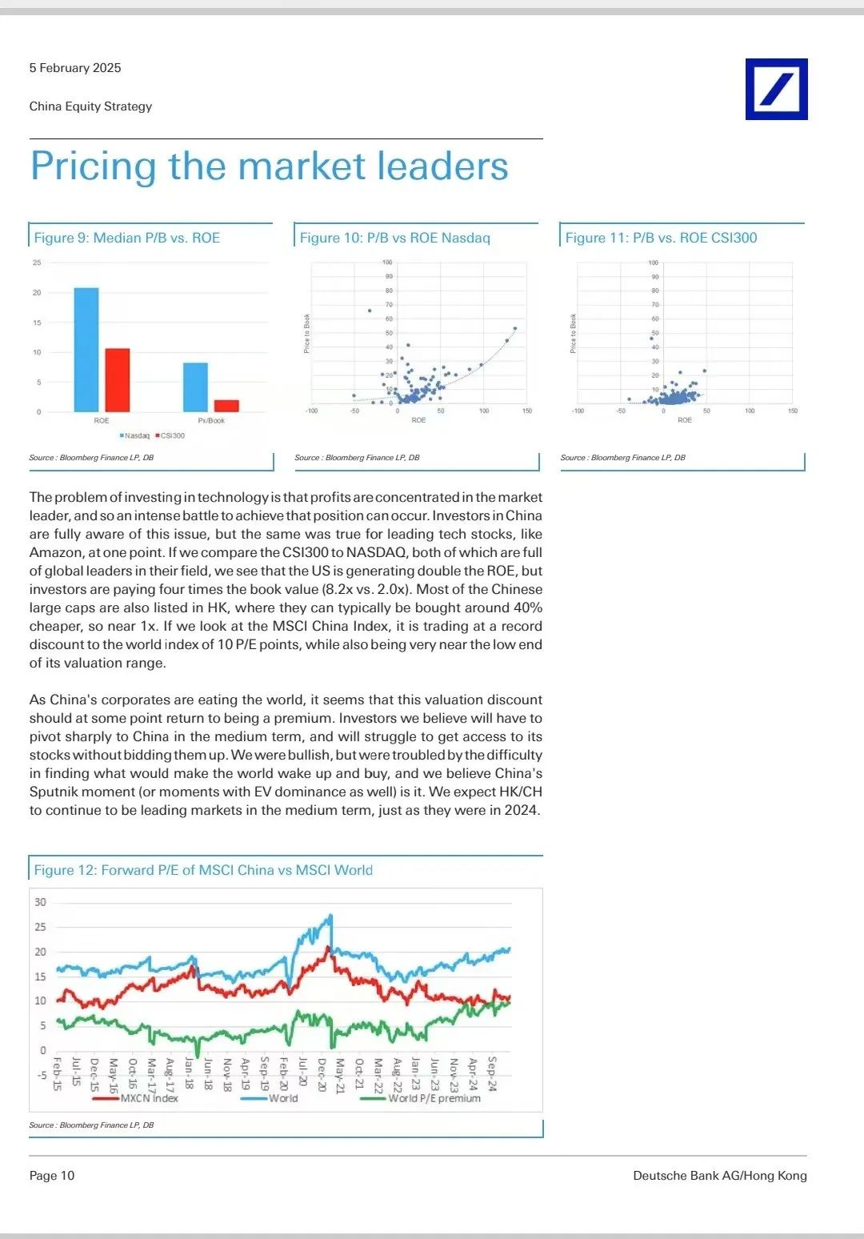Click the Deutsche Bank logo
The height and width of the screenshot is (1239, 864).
776,89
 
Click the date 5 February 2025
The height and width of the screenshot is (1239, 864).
75,68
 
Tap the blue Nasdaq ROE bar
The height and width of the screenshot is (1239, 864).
86,350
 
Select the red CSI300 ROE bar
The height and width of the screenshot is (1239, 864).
118,380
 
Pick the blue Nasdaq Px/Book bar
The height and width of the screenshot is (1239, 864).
195,387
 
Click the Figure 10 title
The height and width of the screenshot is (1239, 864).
394,238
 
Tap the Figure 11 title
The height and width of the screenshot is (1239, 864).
661,238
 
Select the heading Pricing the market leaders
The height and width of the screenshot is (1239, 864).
269,166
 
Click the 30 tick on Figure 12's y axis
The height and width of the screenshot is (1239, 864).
40,902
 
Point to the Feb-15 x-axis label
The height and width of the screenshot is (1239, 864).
57,1074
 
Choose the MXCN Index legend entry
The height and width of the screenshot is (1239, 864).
149,1098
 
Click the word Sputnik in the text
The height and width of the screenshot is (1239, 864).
55,792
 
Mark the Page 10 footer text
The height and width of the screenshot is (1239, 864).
52,1176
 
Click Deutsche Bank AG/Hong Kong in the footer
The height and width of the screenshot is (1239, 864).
719,1176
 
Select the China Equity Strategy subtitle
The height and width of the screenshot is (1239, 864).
90,106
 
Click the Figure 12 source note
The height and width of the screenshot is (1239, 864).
91,1125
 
